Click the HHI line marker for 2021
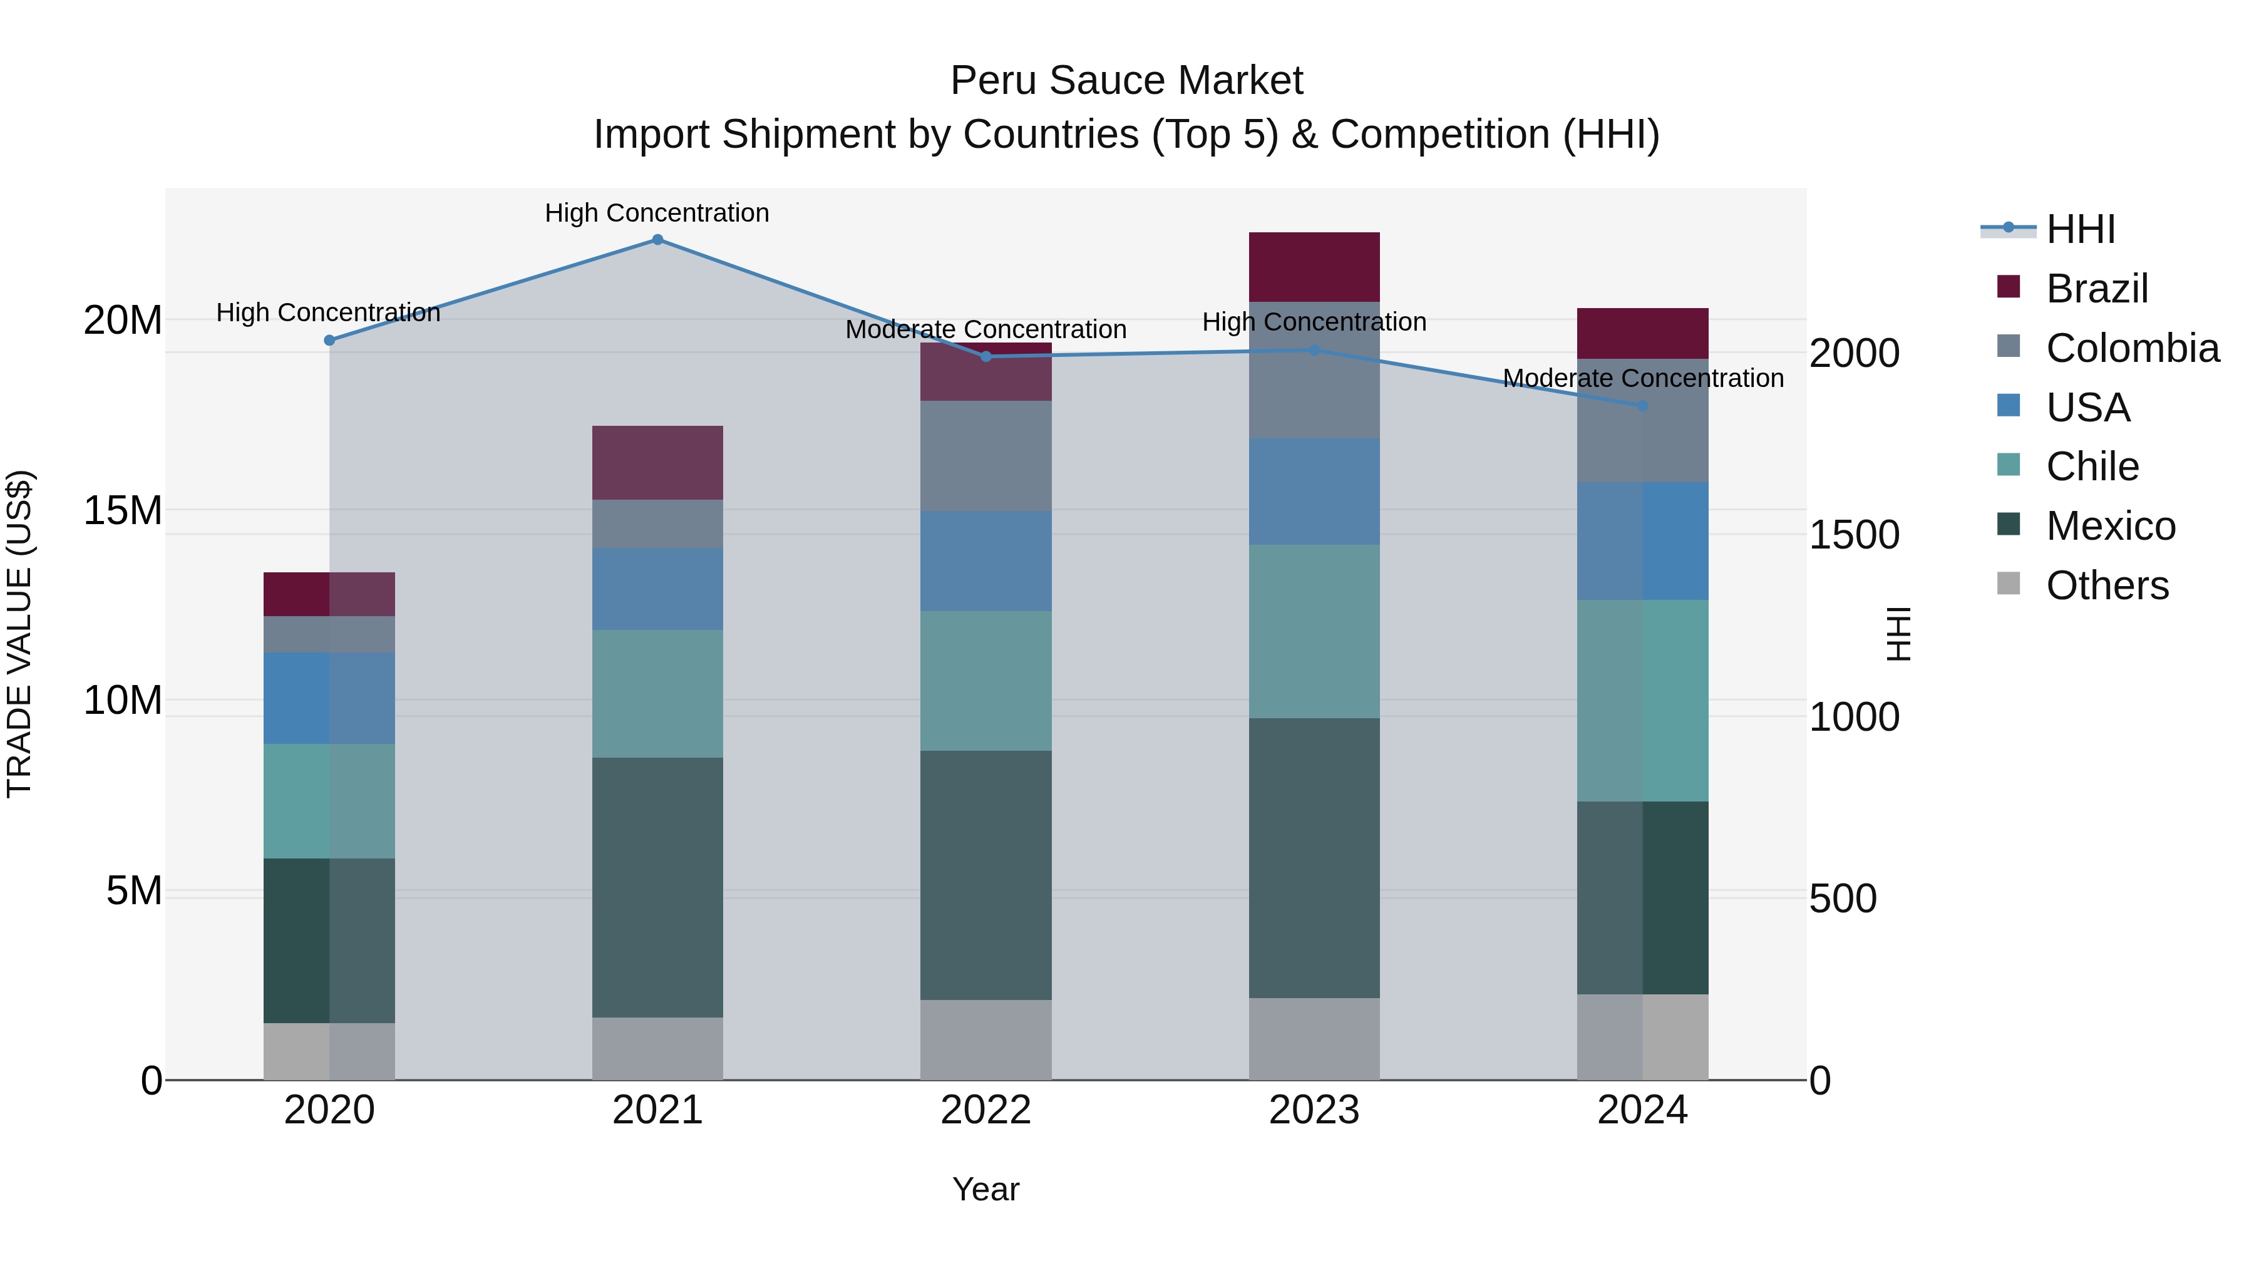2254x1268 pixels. tap(657, 240)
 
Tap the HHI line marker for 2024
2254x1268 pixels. tap(1642, 406)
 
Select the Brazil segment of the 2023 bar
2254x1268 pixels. tap(1314, 267)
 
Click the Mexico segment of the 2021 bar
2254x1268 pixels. tap(657, 887)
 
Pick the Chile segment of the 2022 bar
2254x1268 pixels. tap(985, 681)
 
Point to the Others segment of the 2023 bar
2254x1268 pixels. tap(1314, 1039)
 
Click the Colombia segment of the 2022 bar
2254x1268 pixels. tap(985, 456)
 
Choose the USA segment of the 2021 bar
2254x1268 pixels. tap(657, 589)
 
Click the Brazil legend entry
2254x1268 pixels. tap(2096, 289)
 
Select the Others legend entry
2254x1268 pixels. tap(2107, 585)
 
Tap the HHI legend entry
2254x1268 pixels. tap(2080, 229)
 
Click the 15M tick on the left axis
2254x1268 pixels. tap(123, 510)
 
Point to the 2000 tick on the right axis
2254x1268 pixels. tap(1854, 354)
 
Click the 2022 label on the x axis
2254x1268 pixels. tap(985, 1110)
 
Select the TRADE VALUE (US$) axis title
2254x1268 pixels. tap(19, 634)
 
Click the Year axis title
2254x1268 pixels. tap(985, 1189)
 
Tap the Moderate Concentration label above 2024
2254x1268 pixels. tap(1642, 378)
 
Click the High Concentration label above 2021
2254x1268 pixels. tap(657, 213)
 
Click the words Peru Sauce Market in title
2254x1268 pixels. tap(1126, 81)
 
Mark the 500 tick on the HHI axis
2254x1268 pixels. tap(1843, 899)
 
